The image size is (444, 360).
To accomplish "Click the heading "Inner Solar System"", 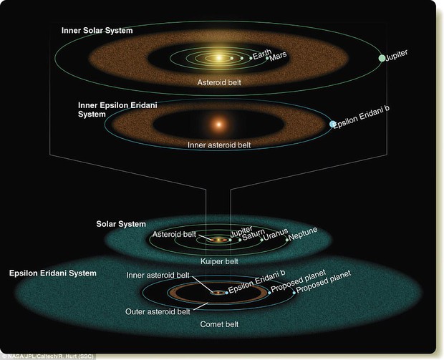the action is pyautogui.click(x=97, y=31).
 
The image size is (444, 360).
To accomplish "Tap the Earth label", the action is pyautogui.click(x=262, y=54).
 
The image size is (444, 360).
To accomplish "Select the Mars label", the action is pyautogui.click(x=278, y=57).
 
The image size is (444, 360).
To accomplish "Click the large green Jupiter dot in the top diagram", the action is pyautogui.click(x=382, y=58).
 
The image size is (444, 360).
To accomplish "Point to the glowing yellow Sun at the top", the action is pyautogui.click(x=218, y=58).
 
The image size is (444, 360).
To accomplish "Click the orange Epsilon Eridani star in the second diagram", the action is pyautogui.click(x=218, y=124).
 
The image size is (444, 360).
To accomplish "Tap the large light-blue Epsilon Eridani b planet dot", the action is pyautogui.click(x=333, y=124).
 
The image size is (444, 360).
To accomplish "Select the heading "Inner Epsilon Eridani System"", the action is pyautogui.click(x=117, y=110).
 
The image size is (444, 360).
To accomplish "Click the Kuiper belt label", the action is pyautogui.click(x=219, y=261).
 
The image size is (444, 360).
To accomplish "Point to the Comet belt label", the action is pyautogui.click(x=219, y=324).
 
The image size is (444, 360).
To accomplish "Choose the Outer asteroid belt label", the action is pyautogui.click(x=158, y=312).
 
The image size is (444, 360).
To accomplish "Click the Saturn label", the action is pyautogui.click(x=254, y=235).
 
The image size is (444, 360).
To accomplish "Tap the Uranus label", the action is pyautogui.click(x=276, y=234).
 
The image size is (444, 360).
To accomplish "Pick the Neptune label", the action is pyautogui.click(x=303, y=234).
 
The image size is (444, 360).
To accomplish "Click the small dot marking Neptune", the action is pyautogui.click(x=287, y=240).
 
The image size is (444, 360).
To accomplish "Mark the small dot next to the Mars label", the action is pyautogui.click(x=267, y=58).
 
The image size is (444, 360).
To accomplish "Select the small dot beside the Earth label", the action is pyautogui.click(x=251, y=58).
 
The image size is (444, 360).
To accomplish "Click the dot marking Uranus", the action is pyautogui.click(x=261, y=240).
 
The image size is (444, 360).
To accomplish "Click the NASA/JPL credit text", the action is pyautogui.click(x=47, y=356).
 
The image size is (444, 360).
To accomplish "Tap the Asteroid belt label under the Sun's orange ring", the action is pyautogui.click(x=219, y=82).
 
